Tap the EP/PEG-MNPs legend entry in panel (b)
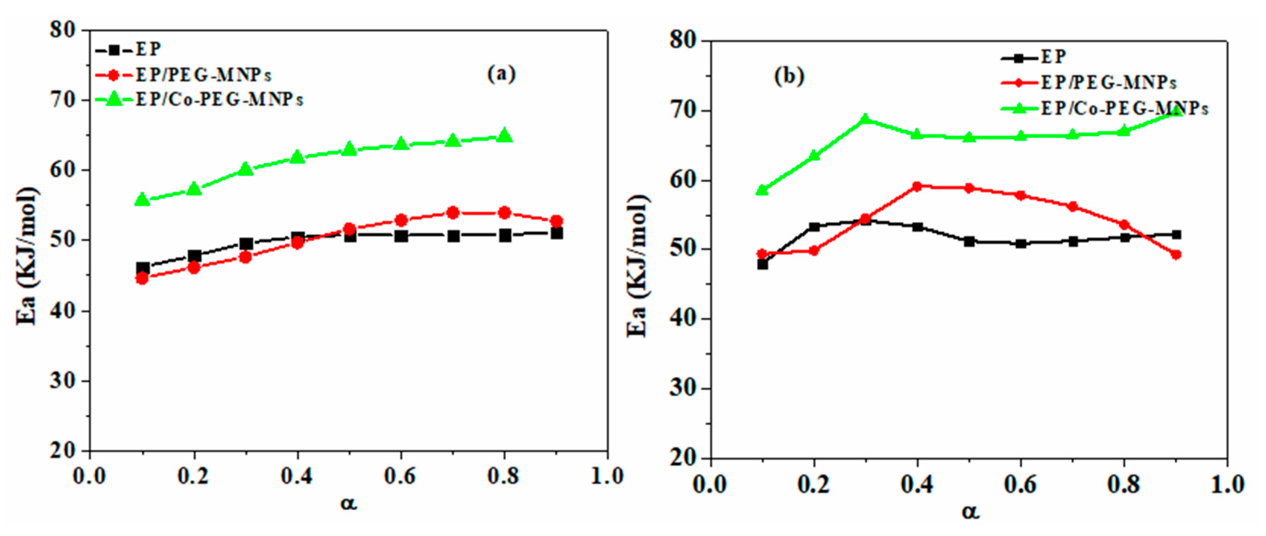click(x=1108, y=82)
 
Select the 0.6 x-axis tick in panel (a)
click(x=400, y=476)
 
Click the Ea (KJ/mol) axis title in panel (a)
click(x=27, y=256)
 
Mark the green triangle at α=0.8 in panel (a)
click(x=505, y=135)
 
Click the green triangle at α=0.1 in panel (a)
click(x=143, y=199)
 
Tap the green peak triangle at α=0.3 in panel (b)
click(x=866, y=119)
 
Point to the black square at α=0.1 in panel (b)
click(x=762, y=264)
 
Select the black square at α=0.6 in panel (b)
click(x=1021, y=243)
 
